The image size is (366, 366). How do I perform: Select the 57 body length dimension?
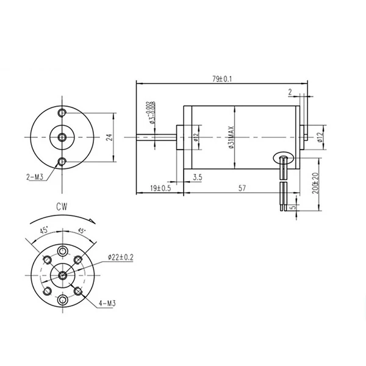tap(242, 189)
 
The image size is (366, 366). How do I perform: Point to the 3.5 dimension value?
tap(197, 178)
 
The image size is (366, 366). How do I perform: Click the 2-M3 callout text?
tap(35, 176)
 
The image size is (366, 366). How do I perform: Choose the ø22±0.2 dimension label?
tap(120, 257)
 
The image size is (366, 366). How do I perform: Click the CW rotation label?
tap(62, 207)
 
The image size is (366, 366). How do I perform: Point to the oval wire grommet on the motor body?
tap(284, 159)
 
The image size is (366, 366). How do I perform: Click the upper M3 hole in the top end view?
tap(62, 114)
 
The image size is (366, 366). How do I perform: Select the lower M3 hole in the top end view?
tap(62, 161)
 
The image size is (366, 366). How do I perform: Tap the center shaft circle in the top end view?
tap(62, 137)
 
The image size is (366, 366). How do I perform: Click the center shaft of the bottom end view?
tap(62, 274)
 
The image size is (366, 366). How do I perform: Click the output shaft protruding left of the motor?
tap(156, 137)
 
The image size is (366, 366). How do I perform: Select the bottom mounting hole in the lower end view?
tap(62, 300)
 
